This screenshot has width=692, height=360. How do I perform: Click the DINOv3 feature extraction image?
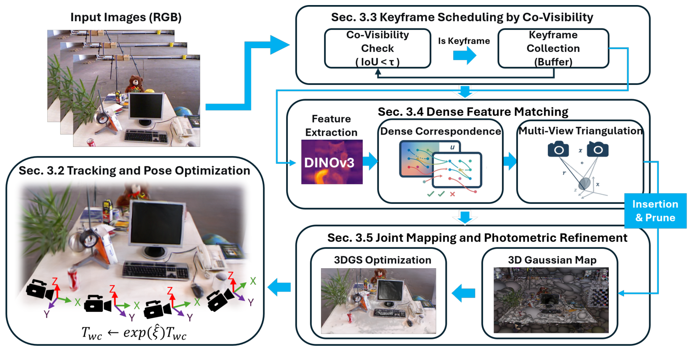[332, 162]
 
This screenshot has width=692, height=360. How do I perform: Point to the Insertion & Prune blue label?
[655, 211]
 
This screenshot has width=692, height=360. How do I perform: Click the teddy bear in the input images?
[134, 84]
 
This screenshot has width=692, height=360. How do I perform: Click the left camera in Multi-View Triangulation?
[558, 149]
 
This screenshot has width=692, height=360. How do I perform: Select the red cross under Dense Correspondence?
[453, 195]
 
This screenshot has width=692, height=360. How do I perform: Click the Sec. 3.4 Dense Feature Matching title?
[473, 112]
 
